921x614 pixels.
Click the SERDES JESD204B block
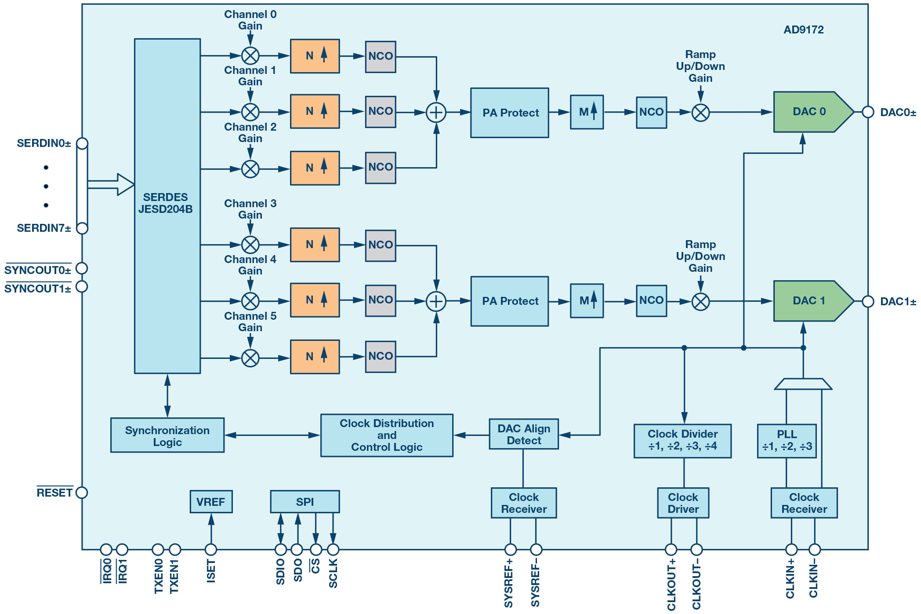click(167, 206)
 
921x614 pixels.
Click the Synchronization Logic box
click(167, 435)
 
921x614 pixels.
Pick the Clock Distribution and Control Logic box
click(387, 435)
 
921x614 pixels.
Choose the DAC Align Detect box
click(524, 434)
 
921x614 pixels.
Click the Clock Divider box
click(682, 441)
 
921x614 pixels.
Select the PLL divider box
click(787, 441)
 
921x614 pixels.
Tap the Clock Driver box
click(683, 503)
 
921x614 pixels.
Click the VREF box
click(211, 502)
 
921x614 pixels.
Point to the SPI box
click(305, 502)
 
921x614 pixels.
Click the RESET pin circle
click(82, 493)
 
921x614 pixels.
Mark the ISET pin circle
click(211, 549)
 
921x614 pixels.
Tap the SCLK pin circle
click(333, 549)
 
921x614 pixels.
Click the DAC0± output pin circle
click(868, 112)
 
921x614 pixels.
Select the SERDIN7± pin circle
click(82, 228)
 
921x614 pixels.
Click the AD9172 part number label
click(804, 30)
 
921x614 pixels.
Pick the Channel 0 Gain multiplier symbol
click(250, 56)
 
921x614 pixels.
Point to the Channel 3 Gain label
click(250, 209)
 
